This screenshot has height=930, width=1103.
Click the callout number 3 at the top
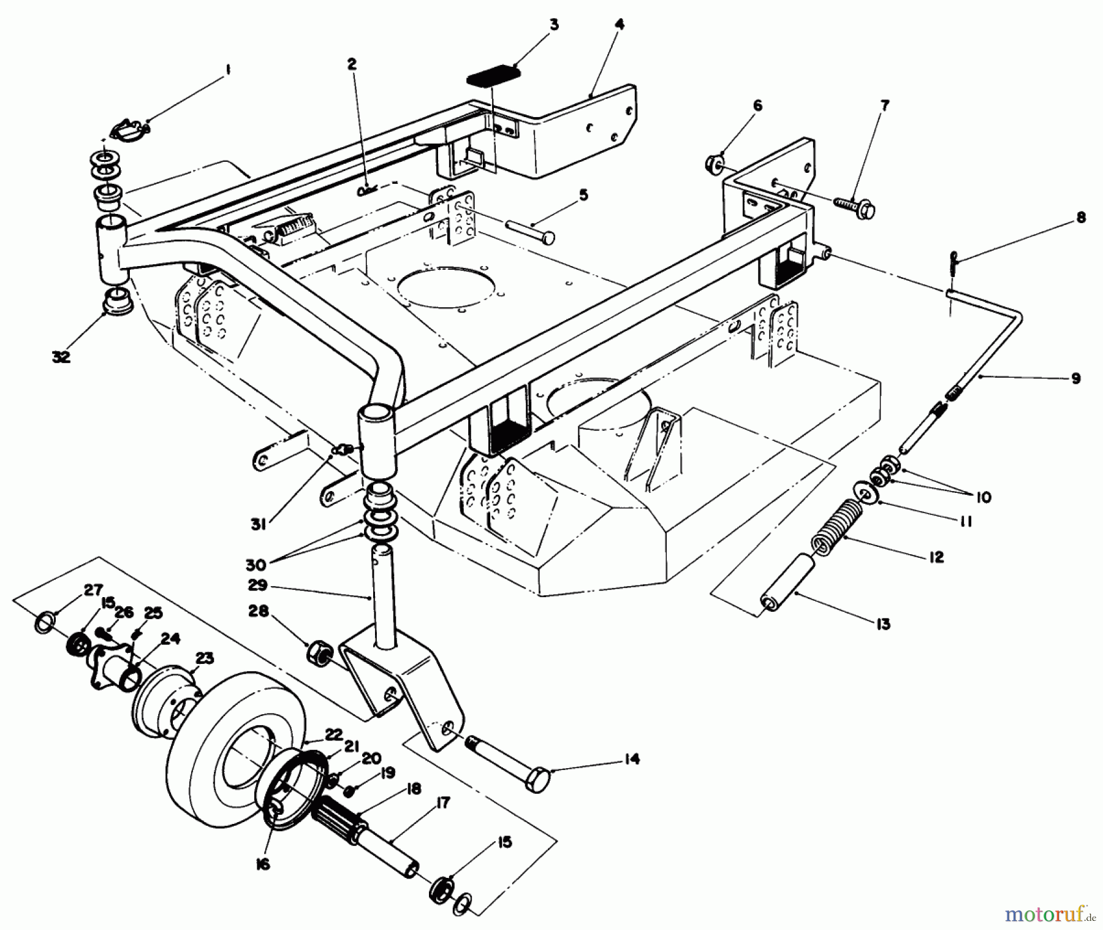click(554, 26)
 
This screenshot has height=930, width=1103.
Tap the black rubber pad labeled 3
click(493, 78)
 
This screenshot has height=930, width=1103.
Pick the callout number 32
click(61, 356)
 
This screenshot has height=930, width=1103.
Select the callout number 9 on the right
click(1075, 378)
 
